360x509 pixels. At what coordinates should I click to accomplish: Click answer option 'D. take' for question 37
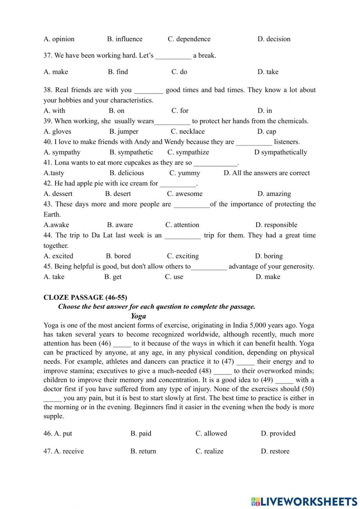pos(268,72)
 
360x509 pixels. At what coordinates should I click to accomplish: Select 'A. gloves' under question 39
pos(57,131)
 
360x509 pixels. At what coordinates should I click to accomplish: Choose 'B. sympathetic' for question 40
pos(131,152)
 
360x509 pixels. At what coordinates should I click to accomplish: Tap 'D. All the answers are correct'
pos(266,173)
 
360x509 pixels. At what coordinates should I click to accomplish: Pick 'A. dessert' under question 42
pos(58,194)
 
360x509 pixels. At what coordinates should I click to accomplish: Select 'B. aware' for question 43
pos(120,225)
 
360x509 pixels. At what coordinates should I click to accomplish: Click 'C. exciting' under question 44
pos(183,256)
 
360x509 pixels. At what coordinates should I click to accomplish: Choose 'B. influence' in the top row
pos(125,39)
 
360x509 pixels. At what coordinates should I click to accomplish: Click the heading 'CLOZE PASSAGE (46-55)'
pos(85,298)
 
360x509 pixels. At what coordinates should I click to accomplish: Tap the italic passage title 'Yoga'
pos(138,316)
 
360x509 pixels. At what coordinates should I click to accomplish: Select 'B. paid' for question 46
pos(141,433)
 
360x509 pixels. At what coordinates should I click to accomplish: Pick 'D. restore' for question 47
pos(275,451)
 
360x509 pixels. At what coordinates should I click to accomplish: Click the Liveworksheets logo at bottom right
pos(304,501)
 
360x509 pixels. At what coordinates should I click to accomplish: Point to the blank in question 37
pos(173,56)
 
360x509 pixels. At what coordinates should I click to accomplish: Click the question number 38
pos(48,90)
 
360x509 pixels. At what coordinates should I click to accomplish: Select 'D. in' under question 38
pos(265,111)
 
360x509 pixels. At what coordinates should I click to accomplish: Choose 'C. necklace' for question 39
pos(188,131)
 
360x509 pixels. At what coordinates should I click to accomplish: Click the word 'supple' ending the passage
pos(53,416)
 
